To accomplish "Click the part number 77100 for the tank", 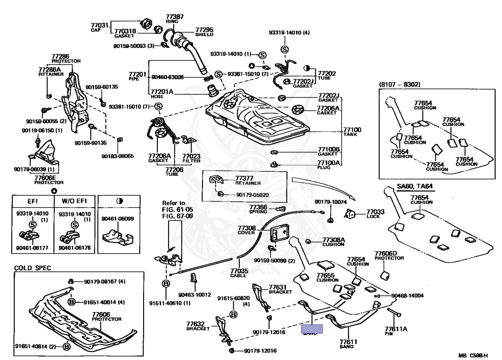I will (x=352, y=130).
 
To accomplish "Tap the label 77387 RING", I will (x=175, y=19).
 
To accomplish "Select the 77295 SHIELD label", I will (x=204, y=31).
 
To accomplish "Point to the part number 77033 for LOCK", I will (x=376, y=213).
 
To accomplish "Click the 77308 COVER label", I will (x=247, y=230).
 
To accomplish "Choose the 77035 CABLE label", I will (x=239, y=273).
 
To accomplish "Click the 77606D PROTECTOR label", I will (x=385, y=256).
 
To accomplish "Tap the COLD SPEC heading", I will (x=32, y=268).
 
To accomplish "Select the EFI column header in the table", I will (x=32, y=200).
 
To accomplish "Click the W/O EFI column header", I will (x=74, y=200).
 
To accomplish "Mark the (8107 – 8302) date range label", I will (x=400, y=84).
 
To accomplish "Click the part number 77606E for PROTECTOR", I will (x=45, y=178).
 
